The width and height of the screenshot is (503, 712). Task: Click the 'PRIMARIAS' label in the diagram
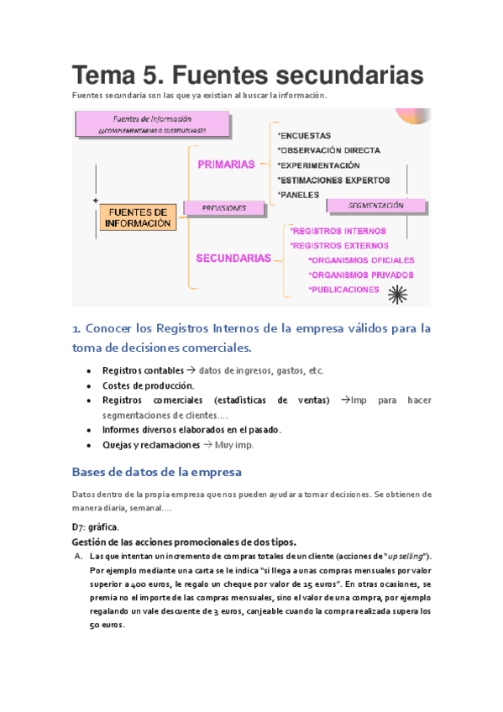tap(226, 165)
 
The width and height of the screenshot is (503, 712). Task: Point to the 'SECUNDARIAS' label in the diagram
tap(233, 259)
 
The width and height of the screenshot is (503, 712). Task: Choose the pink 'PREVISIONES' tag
tap(224, 207)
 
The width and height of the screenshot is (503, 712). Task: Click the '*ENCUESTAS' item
tap(304, 135)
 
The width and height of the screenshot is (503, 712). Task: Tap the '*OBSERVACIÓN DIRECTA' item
tap(328, 150)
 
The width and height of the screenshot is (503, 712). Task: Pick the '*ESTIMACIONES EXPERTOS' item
tap(333, 180)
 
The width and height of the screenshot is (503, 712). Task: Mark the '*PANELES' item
tap(298, 195)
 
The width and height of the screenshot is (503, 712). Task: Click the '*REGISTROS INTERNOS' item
tap(338, 231)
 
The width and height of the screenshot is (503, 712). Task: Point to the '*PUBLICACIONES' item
tap(343, 290)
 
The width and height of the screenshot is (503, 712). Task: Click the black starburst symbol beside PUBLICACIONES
tap(396, 292)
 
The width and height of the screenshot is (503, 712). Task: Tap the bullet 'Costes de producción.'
tap(148, 385)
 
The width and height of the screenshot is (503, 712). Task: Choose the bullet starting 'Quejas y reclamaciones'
tap(177, 445)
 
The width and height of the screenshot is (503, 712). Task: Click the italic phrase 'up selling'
tap(402, 557)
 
